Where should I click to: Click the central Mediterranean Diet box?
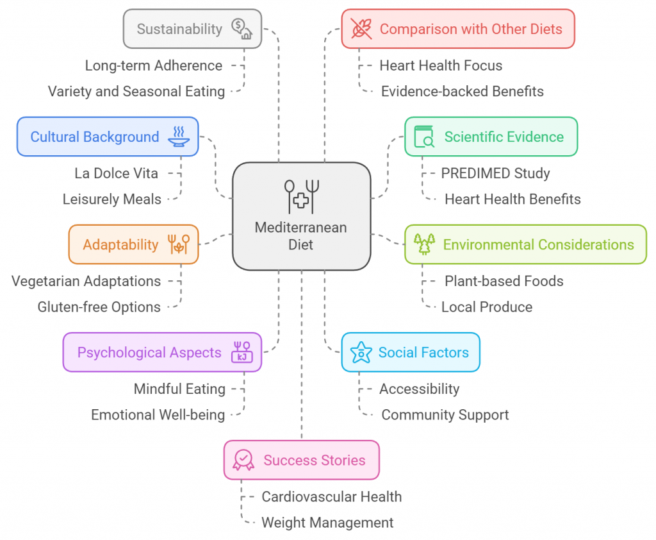click(x=301, y=217)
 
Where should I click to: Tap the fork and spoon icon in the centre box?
click(x=302, y=196)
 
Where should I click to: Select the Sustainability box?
click(x=192, y=29)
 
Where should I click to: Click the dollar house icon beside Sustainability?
click(x=242, y=29)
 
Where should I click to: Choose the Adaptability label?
click(x=120, y=244)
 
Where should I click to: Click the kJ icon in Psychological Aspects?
click(x=242, y=352)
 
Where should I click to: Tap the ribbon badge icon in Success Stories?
click(x=243, y=460)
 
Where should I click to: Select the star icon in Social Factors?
click(x=361, y=352)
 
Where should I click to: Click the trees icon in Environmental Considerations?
click(x=424, y=244)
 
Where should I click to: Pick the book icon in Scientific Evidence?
click(x=424, y=137)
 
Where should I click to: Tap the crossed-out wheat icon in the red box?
click(x=361, y=29)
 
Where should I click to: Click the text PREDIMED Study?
click(x=495, y=173)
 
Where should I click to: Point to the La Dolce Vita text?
click(x=117, y=173)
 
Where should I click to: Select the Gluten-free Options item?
click(x=99, y=307)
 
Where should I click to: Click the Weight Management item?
click(x=327, y=523)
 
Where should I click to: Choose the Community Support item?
click(x=445, y=414)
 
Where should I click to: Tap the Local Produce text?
click(x=487, y=307)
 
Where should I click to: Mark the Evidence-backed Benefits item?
click(x=462, y=91)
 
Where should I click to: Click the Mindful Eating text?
click(x=179, y=389)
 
